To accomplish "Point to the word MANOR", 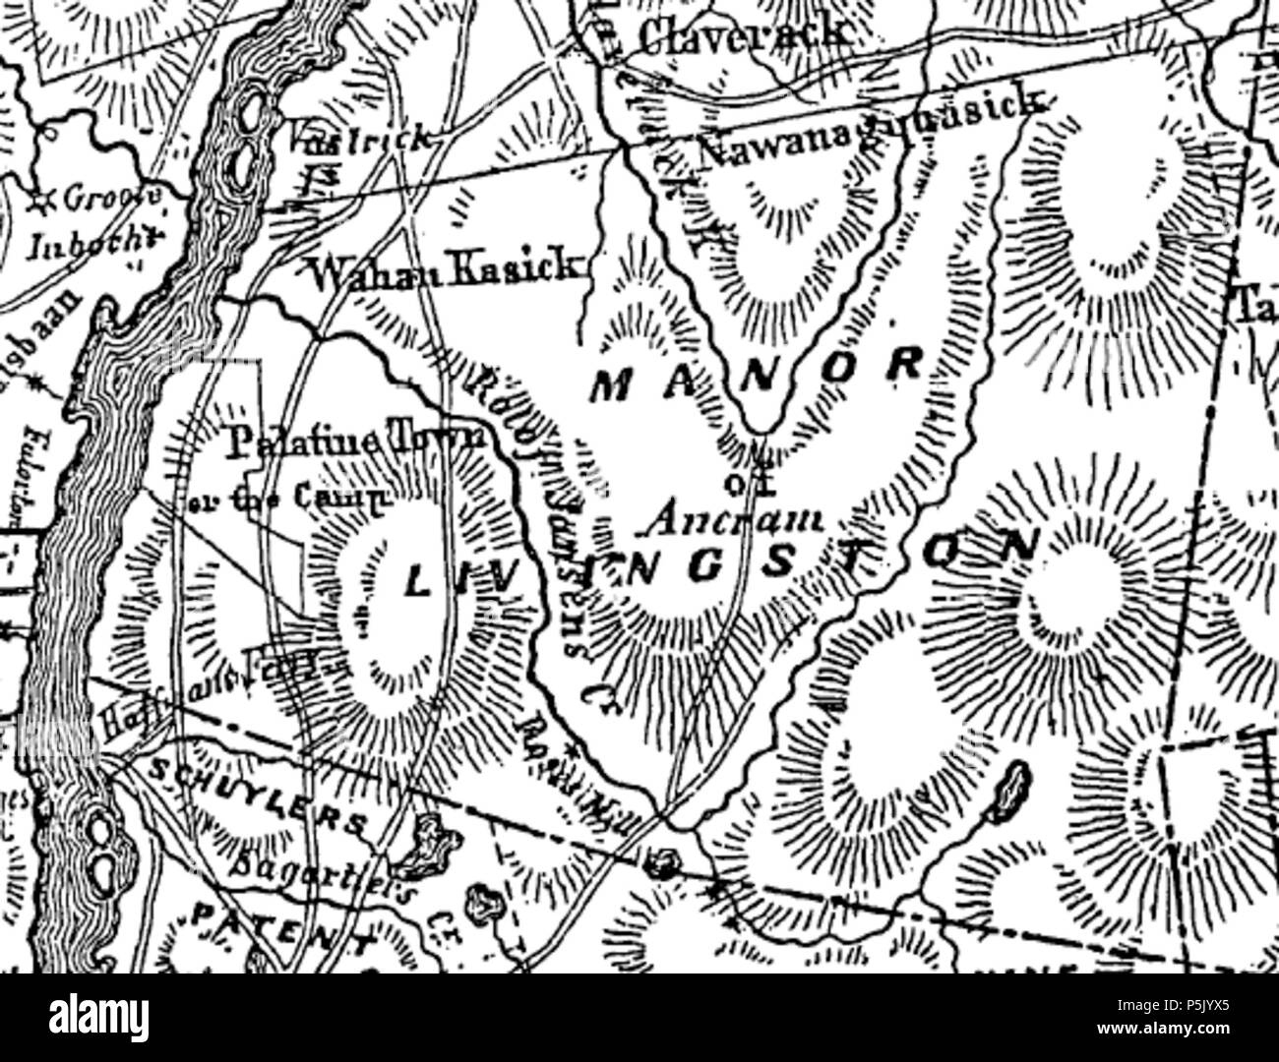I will pos(757,375).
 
